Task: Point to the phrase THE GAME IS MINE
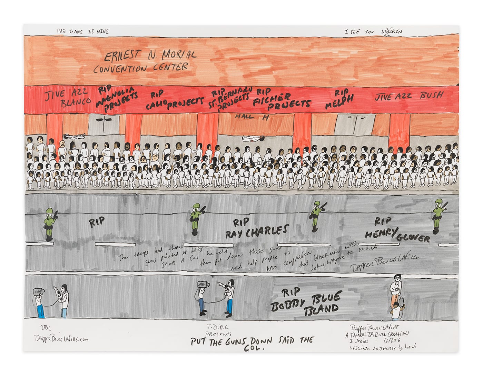tap(83, 31)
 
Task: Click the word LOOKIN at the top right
tap(391, 32)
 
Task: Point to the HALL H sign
tap(252, 117)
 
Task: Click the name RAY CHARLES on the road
tap(257, 231)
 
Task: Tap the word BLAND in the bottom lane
tap(321, 308)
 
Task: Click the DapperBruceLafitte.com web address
tap(60, 339)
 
